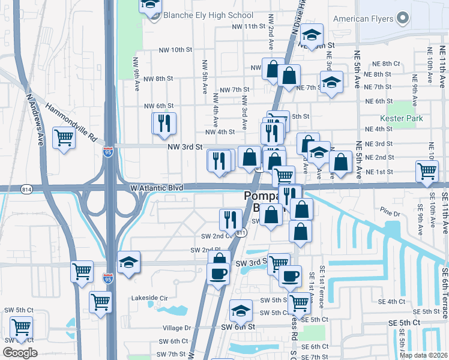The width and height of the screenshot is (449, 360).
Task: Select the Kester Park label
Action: point(405,118)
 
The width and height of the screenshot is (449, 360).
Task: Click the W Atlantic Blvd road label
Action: point(155,188)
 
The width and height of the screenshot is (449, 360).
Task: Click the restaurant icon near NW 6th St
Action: point(164,124)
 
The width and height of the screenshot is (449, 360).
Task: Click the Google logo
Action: point(20,353)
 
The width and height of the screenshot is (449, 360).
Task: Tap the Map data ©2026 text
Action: point(423,355)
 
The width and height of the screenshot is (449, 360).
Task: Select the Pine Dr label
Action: point(390,214)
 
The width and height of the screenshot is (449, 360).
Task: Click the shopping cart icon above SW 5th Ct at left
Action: point(21,328)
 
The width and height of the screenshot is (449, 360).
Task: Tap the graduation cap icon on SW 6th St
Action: point(241,311)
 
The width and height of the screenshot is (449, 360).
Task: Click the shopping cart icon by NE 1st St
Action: point(427,170)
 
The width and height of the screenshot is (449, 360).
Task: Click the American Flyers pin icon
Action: point(402,18)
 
